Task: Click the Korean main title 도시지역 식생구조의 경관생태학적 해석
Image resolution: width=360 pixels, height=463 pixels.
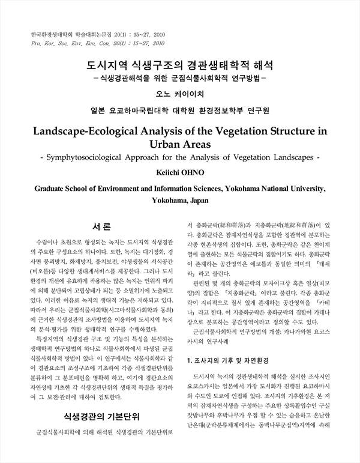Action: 180,65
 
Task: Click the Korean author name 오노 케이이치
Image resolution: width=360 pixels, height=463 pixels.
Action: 180,94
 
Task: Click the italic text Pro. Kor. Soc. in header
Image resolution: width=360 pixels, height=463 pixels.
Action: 52,44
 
